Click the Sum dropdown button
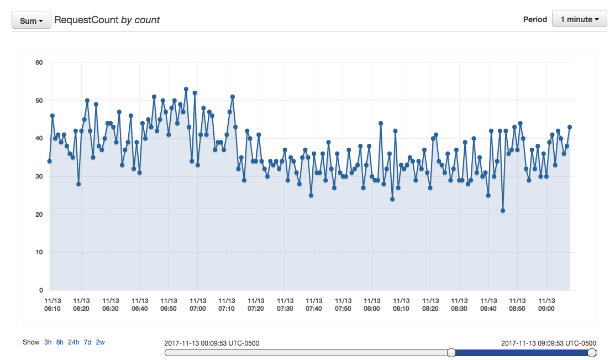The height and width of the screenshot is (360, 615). click(x=31, y=20)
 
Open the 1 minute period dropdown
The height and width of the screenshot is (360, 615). click(x=579, y=19)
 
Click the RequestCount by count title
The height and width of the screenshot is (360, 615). click(x=107, y=20)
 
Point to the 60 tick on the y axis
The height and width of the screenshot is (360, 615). click(x=39, y=62)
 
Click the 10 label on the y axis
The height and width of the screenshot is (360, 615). click(x=39, y=252)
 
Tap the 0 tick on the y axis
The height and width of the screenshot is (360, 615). click(x=41, y=290)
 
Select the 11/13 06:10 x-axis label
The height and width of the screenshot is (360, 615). click(x=52, y=305)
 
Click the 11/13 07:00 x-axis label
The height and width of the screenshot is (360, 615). click(x=198, y=305)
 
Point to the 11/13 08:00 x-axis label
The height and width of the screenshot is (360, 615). click(x=372, y=305)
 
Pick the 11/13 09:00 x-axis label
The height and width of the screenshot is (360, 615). click(x=546, y=305)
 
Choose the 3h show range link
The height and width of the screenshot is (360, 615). click(x=48, y=342)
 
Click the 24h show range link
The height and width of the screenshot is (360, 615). click(x=73, y=342)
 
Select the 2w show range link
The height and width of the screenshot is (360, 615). click(x=100, y=342)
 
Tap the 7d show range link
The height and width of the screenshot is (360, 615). click(x=87, y=342)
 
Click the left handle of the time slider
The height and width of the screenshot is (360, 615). click(x=451, y=353)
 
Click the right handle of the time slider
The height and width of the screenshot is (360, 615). click(x=592, y=353)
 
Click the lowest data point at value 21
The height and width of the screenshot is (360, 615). click(x=503, y=211)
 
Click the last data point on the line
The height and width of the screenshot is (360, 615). click(x=570, y=127)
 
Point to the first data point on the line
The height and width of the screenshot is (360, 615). click(x=50, y=161)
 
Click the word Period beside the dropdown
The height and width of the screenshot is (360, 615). click(x=535, y=19)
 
